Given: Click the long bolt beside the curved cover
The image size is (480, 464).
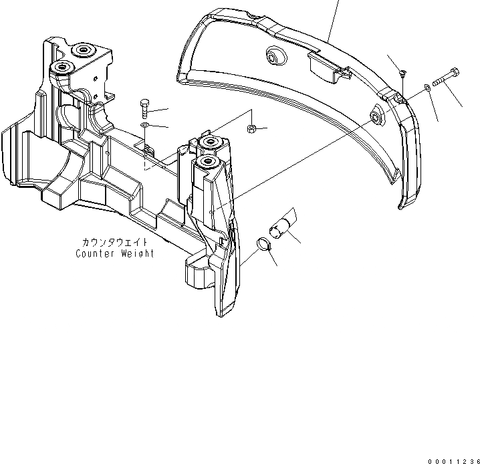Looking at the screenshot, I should pyautogui.click(x=445, y=77).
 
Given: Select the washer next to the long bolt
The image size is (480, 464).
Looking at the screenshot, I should pyautogui.click(x=427, y=87).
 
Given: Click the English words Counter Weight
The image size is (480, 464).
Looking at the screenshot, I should pyautogui.click(x=114, y=253).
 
